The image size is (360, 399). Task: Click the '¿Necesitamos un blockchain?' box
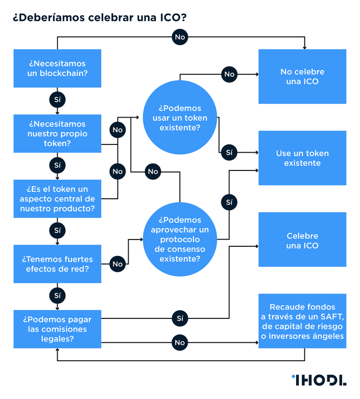[x=57, y=68]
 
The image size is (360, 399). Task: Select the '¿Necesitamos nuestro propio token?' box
[x=57, y=133]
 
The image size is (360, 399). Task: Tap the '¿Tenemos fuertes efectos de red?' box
[x=57, y=264]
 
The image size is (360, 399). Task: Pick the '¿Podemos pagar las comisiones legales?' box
[x=57, y=329]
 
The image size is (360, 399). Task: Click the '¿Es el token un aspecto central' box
[x=57, y=199]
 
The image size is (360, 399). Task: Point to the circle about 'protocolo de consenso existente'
[x=180, y=239]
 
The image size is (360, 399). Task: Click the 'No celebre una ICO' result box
[x=302, y=76]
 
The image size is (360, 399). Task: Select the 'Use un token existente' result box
[x=302, y=158]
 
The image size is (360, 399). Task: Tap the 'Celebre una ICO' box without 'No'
[x=302, y=241]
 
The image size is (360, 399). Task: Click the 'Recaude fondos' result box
[x=302, y=321]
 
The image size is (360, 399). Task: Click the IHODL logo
[x=318, y=380]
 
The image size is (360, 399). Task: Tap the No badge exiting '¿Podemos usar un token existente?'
[x=229, y=74]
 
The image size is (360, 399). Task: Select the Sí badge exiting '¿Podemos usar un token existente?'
[x=229, y=153]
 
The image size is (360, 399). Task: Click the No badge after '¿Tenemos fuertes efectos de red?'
[x=118, y=264]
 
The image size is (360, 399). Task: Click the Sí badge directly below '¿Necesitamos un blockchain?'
[x=57, y=100]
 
